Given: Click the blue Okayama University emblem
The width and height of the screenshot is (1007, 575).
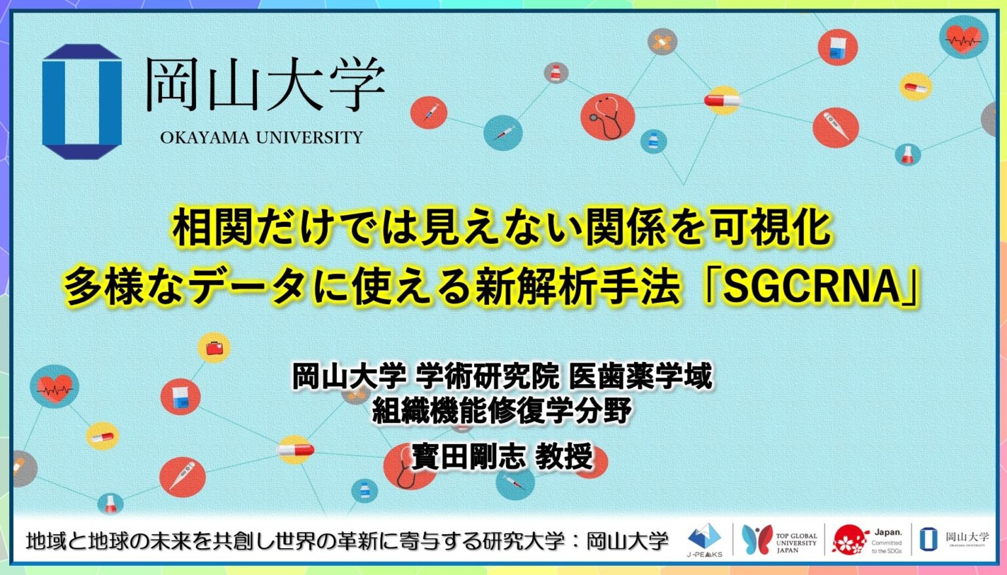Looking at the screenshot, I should click(x=82, y=102).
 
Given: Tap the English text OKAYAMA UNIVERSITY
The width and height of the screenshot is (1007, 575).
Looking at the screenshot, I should click(x=261, y=138).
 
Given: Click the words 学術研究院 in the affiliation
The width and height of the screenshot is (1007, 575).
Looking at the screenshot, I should click(x=488, y=377).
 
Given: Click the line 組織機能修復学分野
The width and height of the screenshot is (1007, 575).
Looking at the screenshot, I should click(x=502, y=411).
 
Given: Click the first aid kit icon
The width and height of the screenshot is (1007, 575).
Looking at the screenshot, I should click(x=214, y=347).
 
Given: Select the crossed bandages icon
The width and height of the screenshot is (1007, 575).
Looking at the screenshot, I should click(x=661, y=43).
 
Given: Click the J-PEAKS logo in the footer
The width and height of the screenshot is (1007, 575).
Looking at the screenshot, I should click(x=705, y=540).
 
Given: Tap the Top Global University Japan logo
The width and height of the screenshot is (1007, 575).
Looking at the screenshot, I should click(x=780, y=540).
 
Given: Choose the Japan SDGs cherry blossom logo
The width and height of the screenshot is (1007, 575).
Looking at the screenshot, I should click(x=867, y=540).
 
